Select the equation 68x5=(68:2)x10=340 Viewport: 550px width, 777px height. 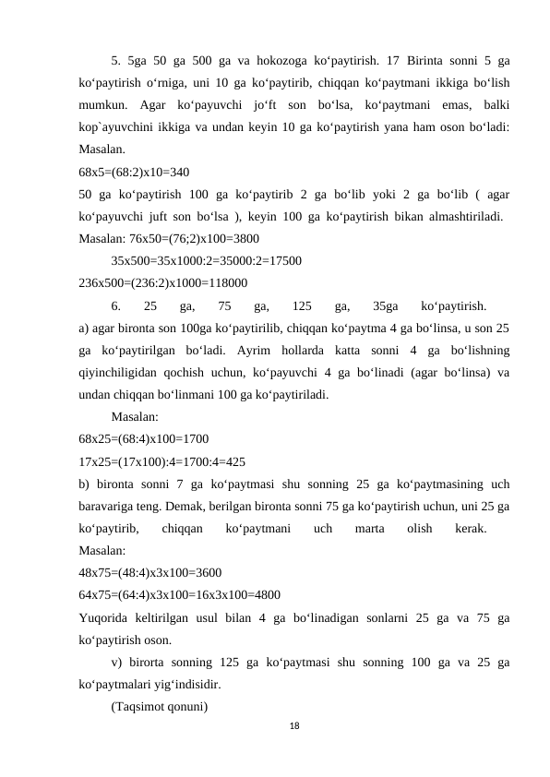coord(135,173)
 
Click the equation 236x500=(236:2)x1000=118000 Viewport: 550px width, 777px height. coord(162,282)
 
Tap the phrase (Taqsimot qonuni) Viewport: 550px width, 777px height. coord(160,707)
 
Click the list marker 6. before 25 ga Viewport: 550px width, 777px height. coord(116,305)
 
